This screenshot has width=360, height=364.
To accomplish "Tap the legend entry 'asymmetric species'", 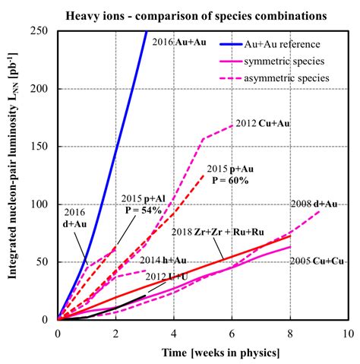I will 292,77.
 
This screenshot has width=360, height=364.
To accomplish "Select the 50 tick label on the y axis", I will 45,262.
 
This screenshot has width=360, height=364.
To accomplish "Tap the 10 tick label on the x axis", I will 348,333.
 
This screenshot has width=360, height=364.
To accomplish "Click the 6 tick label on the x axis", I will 232,333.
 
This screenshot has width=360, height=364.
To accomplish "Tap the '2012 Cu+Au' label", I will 262,123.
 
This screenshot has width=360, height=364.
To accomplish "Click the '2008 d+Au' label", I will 314,204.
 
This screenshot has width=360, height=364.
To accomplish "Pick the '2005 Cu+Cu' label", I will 317,261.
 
